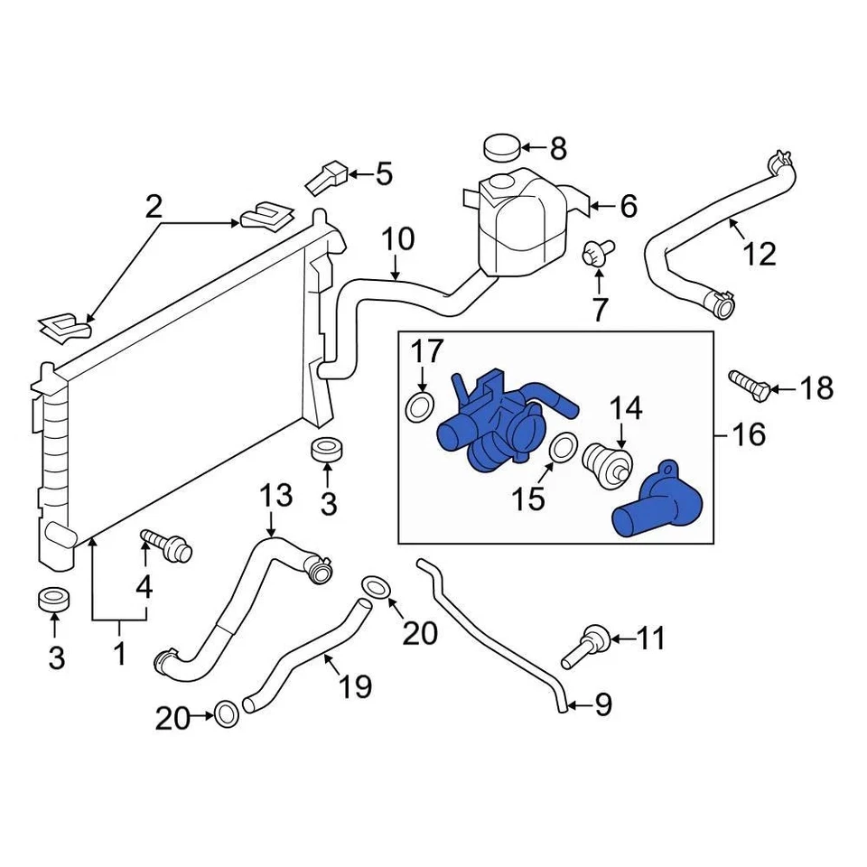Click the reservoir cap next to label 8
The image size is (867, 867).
pos(502,146)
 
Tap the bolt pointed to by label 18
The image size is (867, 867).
pos(749,387)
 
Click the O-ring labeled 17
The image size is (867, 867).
pos(419,407)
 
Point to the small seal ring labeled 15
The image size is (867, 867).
pos(564,447)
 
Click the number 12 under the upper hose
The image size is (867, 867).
pos(760,254)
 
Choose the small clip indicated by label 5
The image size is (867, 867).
pos(327,178)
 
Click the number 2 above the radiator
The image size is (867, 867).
pos(154,209)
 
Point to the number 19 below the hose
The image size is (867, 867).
pos(356,687)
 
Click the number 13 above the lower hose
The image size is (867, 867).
pos(275,496)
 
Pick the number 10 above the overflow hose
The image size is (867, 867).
pos(397,239)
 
